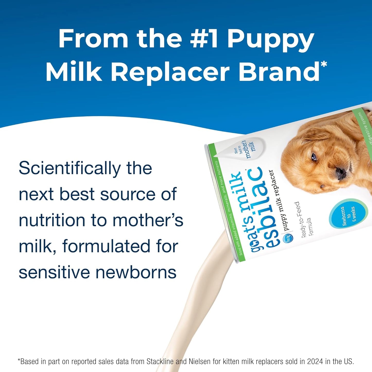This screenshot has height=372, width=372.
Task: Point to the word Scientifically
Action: (x=70, y=169)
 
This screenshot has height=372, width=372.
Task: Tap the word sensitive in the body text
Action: (x=54, y=272)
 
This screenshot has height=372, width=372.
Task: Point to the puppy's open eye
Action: (x=314, y=157)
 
